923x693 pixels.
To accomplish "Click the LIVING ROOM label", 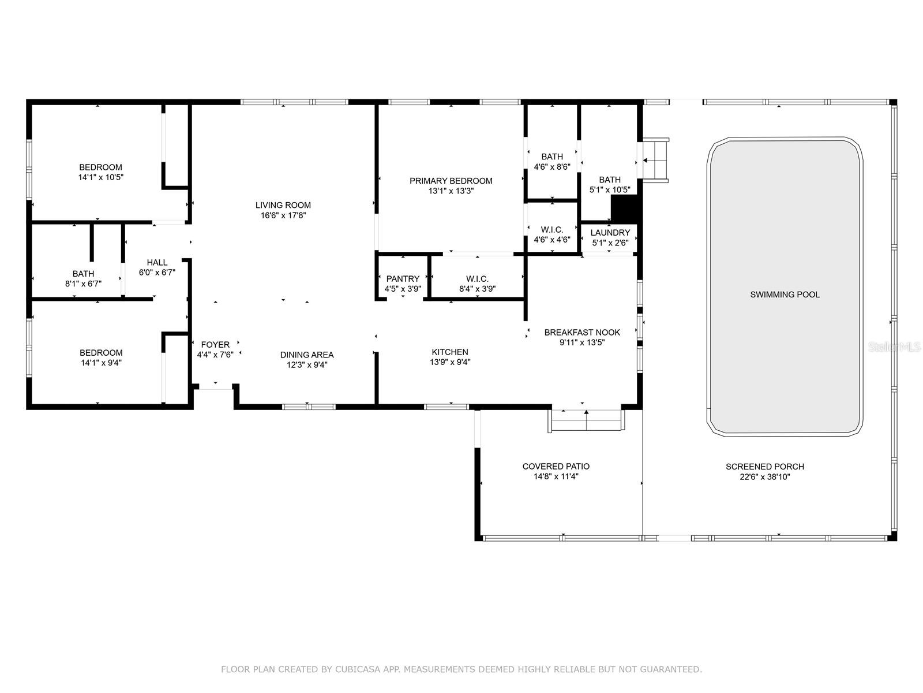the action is [x=283, y=205].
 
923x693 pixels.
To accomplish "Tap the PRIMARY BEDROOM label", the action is [x=451, y=181].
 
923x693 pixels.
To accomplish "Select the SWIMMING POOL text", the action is [x=785, y=295].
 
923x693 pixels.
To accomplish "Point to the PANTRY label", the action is [x=403, y=278].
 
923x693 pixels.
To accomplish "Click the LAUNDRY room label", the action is [x=610, y=233].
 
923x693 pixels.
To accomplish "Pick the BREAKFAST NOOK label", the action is [x=582, y=333].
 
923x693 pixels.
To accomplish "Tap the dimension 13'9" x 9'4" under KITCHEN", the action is [x=450, y=362].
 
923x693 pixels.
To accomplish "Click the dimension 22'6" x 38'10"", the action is [x=765, y=477].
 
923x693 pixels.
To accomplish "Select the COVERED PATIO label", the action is [x=556, y=466].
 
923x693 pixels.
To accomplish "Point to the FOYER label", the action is [x=215, y=345].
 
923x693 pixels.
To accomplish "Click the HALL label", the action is [x=157, y=262].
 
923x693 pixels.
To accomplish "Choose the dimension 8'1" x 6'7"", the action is [x=83, y=284].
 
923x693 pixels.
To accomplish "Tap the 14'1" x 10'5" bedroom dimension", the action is [x=101, y=177].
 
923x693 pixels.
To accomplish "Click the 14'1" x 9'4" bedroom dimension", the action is [x=101, y=363].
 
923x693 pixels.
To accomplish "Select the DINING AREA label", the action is [x=307, y=355].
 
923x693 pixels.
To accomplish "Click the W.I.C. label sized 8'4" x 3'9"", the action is [x=477, y=278].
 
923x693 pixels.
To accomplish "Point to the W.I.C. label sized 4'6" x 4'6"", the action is [x=552, y=229].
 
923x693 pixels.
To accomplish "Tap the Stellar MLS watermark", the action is [x=894, y=347].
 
